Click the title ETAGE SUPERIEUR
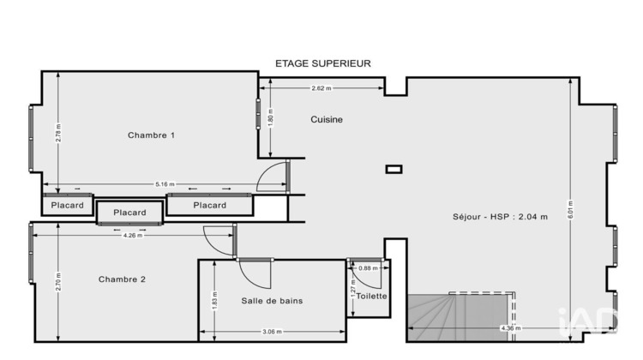[x=322, y=63]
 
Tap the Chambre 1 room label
[x=151, y=135]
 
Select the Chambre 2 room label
[x=122, y=279]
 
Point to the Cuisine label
[x=327, y=120]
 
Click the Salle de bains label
[x=272, y=301]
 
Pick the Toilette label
[x=370, y=297]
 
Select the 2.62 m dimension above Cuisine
[x=321, y=88]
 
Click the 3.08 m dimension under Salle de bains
[x=272, y=332]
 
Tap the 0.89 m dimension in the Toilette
[x=367, y=268]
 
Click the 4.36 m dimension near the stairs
[x=509, y=328]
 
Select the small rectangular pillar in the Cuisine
[x=394, y=169]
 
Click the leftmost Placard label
[x=67, y=206]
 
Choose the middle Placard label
[x=129, y=213]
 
